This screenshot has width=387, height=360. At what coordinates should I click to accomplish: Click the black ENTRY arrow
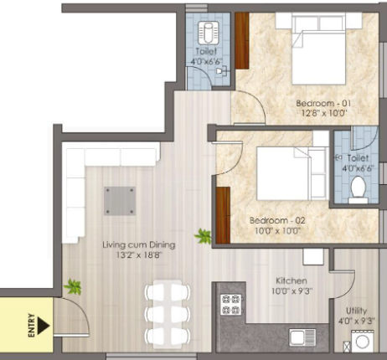tap(44, 325)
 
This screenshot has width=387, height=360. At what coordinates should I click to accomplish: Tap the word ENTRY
tap(32, 326)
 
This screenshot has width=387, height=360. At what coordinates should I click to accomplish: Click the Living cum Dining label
tap(139, 245)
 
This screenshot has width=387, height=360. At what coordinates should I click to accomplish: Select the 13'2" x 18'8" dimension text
tap(139, 255)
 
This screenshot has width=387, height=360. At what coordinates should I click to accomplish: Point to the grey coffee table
tap(120, 201)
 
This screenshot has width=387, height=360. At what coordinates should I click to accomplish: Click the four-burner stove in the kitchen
tap(231, 305)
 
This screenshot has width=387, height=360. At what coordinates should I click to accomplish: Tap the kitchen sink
tap(302, 337)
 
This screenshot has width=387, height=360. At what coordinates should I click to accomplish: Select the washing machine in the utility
tap(362, 341)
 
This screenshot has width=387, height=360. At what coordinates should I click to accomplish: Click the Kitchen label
tap(292, 280)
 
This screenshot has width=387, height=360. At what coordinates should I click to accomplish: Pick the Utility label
tap(356, 311)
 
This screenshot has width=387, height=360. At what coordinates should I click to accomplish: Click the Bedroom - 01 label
tap(323, 103)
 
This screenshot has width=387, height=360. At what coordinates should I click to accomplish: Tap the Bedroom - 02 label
tap(277, 220)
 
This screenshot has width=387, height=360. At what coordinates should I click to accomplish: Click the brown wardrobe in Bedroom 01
tap(242, 41)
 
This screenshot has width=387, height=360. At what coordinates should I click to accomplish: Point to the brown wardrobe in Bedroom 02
tap(223, 215)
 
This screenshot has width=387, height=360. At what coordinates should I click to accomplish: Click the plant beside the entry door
tap(73, 286)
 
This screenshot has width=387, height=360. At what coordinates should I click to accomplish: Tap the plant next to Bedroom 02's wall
tap(203, 236)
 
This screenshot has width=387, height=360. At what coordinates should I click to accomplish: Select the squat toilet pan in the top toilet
tap(208, 33)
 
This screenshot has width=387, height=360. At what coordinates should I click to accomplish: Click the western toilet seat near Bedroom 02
tap(359, 189)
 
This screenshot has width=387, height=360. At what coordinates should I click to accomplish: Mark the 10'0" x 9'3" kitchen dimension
tap(292, 291)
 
